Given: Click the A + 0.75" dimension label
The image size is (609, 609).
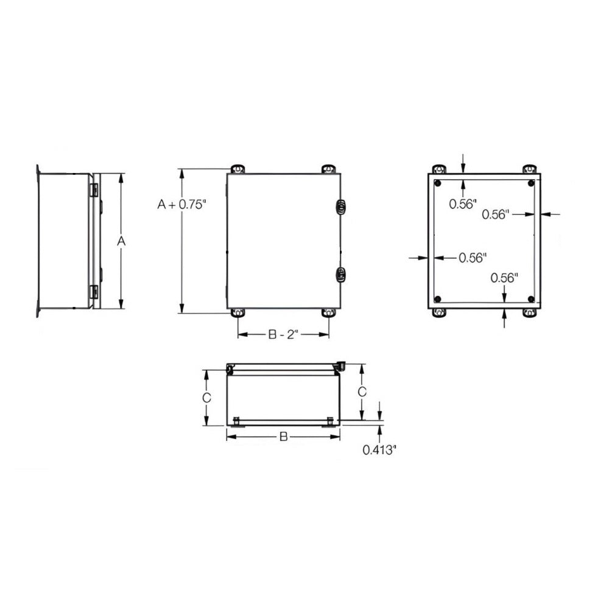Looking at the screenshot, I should point(183,205).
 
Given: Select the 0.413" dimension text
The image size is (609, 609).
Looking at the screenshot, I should point(379,450).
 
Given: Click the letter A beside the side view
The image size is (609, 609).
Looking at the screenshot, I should point(121,242).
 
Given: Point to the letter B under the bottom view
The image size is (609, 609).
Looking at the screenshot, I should point(283,437).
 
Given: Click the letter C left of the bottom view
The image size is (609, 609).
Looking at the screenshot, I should point(206,398).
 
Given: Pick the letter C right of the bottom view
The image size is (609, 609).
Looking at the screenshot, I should point(362,391).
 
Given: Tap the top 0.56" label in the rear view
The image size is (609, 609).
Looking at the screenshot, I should point(462,205).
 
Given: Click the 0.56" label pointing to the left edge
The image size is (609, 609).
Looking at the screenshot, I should point(473,258).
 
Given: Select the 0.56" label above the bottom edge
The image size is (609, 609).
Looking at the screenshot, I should point(505,278).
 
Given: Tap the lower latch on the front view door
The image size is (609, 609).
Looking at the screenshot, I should point(341,275).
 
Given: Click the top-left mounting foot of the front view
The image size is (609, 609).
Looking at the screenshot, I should point(238,169).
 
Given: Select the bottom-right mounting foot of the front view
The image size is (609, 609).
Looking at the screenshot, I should point(329,313).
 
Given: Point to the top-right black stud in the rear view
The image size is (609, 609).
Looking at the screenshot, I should point(532,183).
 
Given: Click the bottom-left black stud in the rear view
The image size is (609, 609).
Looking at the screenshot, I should point(438,299).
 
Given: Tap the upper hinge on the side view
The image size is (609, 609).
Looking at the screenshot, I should point(94,190).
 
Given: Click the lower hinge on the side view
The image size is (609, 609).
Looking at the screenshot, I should point(94,292).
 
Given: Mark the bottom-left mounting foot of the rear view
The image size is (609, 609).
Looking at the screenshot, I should point(438,313).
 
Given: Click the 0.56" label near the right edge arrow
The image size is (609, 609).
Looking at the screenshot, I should point(495,214).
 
